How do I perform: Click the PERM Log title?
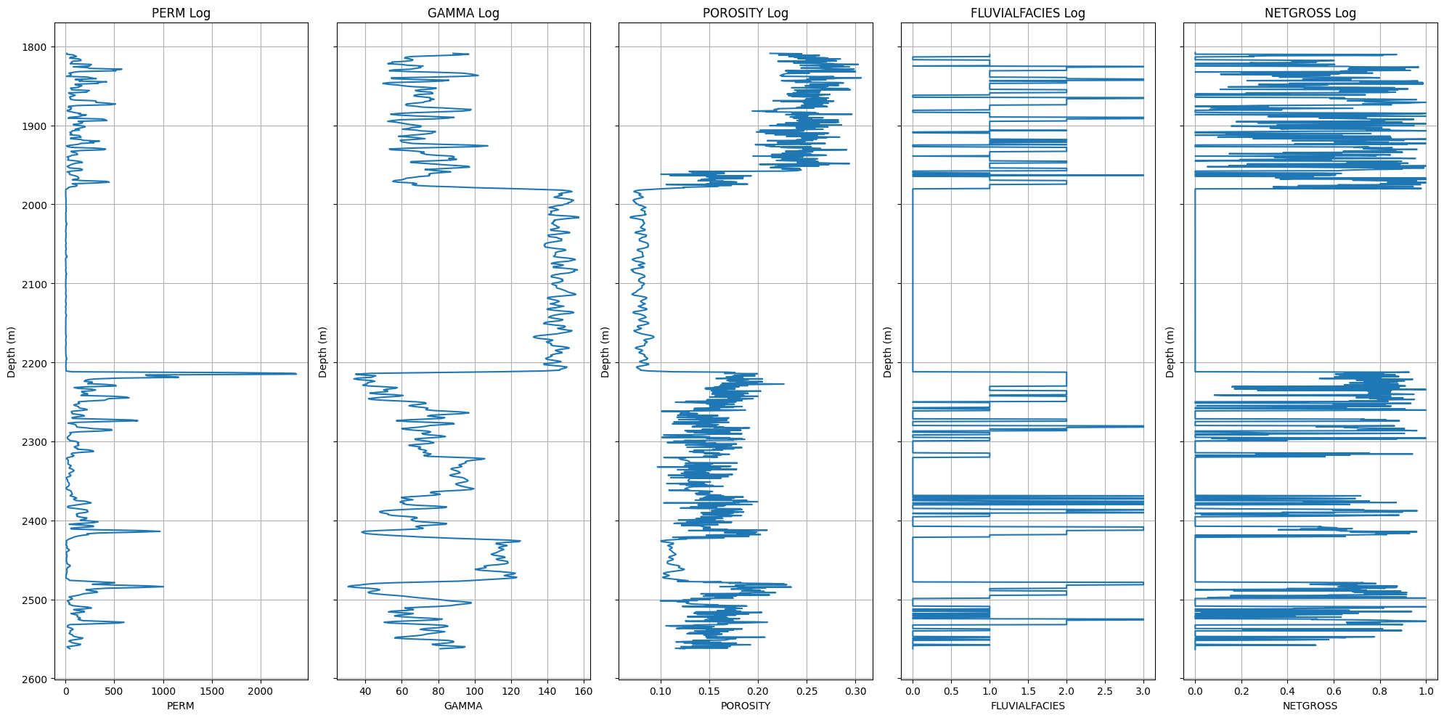[181, 13]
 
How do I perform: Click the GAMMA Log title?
[463, 13]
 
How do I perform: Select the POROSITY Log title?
[746, 13]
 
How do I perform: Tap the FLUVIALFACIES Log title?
[1028, 13]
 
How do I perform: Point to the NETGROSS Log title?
[1310, 13]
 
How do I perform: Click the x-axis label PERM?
[181, 706]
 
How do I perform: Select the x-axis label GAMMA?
[463, 706]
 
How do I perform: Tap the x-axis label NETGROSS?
[1310, 706]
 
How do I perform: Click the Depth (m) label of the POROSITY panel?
[605, 352]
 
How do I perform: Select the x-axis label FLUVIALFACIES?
[1028, 706]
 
